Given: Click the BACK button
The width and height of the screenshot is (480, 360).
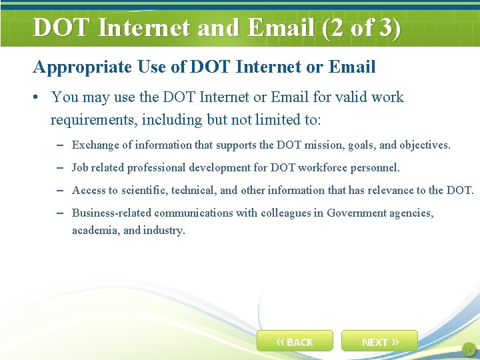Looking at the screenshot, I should pos(295,341).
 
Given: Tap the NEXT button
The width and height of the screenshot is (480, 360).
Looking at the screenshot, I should pos(379,341).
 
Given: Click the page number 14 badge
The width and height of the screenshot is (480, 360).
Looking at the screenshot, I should pos(467,350).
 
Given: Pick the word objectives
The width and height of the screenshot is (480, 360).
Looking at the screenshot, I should pos(425,145).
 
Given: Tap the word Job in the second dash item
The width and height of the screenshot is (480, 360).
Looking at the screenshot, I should pos(80,167).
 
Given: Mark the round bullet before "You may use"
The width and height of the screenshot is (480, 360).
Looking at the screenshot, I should pos(37,97).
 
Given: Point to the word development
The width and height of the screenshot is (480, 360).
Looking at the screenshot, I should pos(219,167).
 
